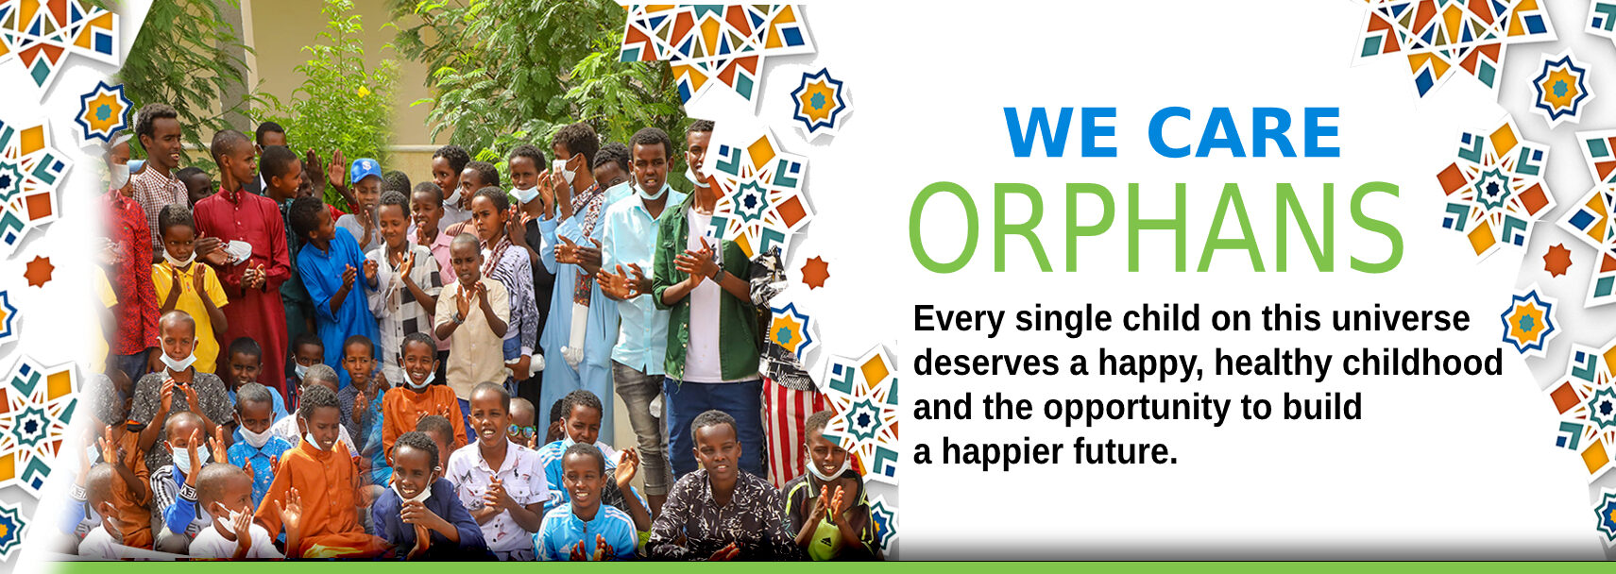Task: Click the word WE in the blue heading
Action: tap(1050, 133)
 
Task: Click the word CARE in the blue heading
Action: tap(1245, 133)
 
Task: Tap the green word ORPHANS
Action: tap(1156, 228)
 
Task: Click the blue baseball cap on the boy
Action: tap(366, 170)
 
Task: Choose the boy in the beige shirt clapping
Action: tap(470, 317)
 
